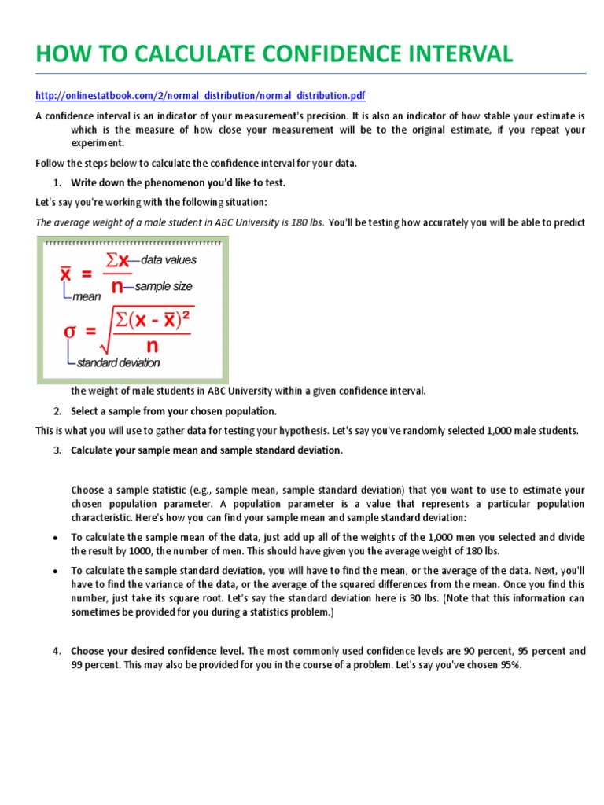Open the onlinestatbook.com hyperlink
[x=201, y=96]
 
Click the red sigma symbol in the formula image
[x=70, y=331]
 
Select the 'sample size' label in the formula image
[x=164, y=287]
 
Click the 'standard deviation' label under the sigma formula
[x=118, y=363]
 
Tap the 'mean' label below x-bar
[x=86, y=297]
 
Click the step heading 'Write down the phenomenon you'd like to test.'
[x=178, y=182]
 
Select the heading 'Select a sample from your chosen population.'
[x=174, y=411]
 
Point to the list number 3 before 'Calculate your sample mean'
[x=57, y=450]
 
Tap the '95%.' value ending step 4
[x=509, y=664]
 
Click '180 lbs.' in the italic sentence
[x=303, y=222]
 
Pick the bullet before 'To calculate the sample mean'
[x=53, y=538]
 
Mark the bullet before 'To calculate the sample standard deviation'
[x=53, y=571]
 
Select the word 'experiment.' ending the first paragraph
[x=98, y=143]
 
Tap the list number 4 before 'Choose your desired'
[x=57, y=651]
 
